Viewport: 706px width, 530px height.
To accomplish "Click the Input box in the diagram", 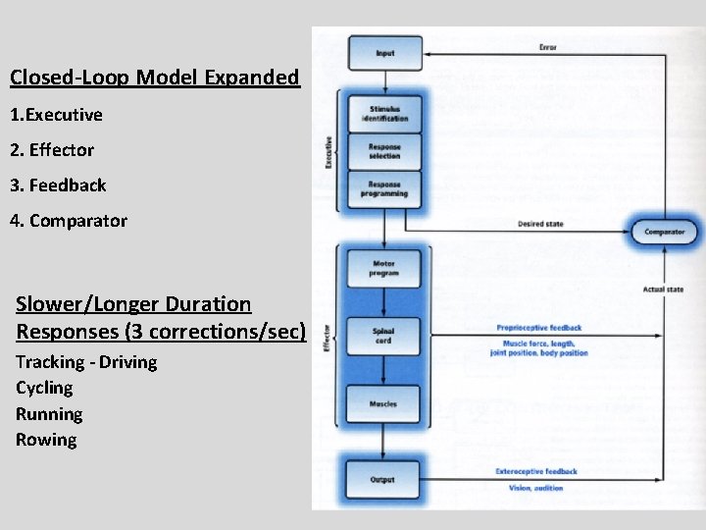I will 384,53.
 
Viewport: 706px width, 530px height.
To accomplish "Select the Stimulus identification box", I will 384,113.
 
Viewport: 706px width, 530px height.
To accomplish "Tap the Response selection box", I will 384,152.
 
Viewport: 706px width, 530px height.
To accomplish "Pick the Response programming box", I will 384,188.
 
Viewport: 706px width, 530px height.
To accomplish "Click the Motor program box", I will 384,268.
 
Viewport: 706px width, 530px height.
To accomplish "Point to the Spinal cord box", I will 384,336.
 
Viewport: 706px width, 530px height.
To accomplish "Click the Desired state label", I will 540,225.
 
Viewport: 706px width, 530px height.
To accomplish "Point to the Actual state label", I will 664,290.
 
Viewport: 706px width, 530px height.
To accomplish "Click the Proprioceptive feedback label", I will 539,328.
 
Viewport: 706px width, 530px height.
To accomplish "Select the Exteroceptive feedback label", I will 536,472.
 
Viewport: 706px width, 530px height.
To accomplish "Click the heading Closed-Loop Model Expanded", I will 155,78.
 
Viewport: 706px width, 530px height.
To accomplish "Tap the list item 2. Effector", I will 52,150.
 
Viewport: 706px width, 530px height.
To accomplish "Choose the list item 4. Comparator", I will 69,221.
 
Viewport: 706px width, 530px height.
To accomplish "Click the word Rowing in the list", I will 46,440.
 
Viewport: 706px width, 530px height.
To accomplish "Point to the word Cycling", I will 44,388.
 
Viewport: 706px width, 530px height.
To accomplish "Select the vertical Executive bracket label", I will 328,151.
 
